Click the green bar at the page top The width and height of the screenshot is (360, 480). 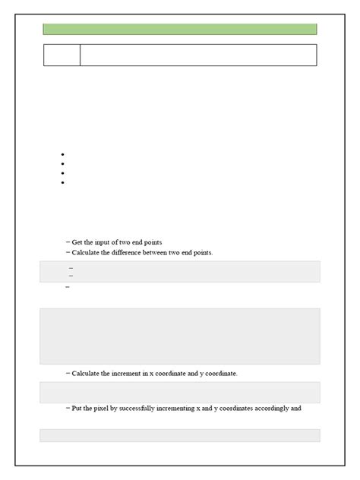coord(179,29)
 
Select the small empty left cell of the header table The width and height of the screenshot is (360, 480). coord(62,55)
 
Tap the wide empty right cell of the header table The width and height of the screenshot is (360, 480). coord(197,55)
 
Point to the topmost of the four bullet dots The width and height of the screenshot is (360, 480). coord(61,154)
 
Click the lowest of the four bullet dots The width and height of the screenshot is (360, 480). coord(61,182)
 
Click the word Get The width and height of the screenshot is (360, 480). coord(77,242)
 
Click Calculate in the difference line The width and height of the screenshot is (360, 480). coord(86,252)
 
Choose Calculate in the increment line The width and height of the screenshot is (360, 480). coord(86,373)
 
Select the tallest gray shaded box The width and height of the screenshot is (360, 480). coord(179,336)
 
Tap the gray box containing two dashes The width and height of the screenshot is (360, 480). coord(179,271)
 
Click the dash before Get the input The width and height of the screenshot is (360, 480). coord(68,242)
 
